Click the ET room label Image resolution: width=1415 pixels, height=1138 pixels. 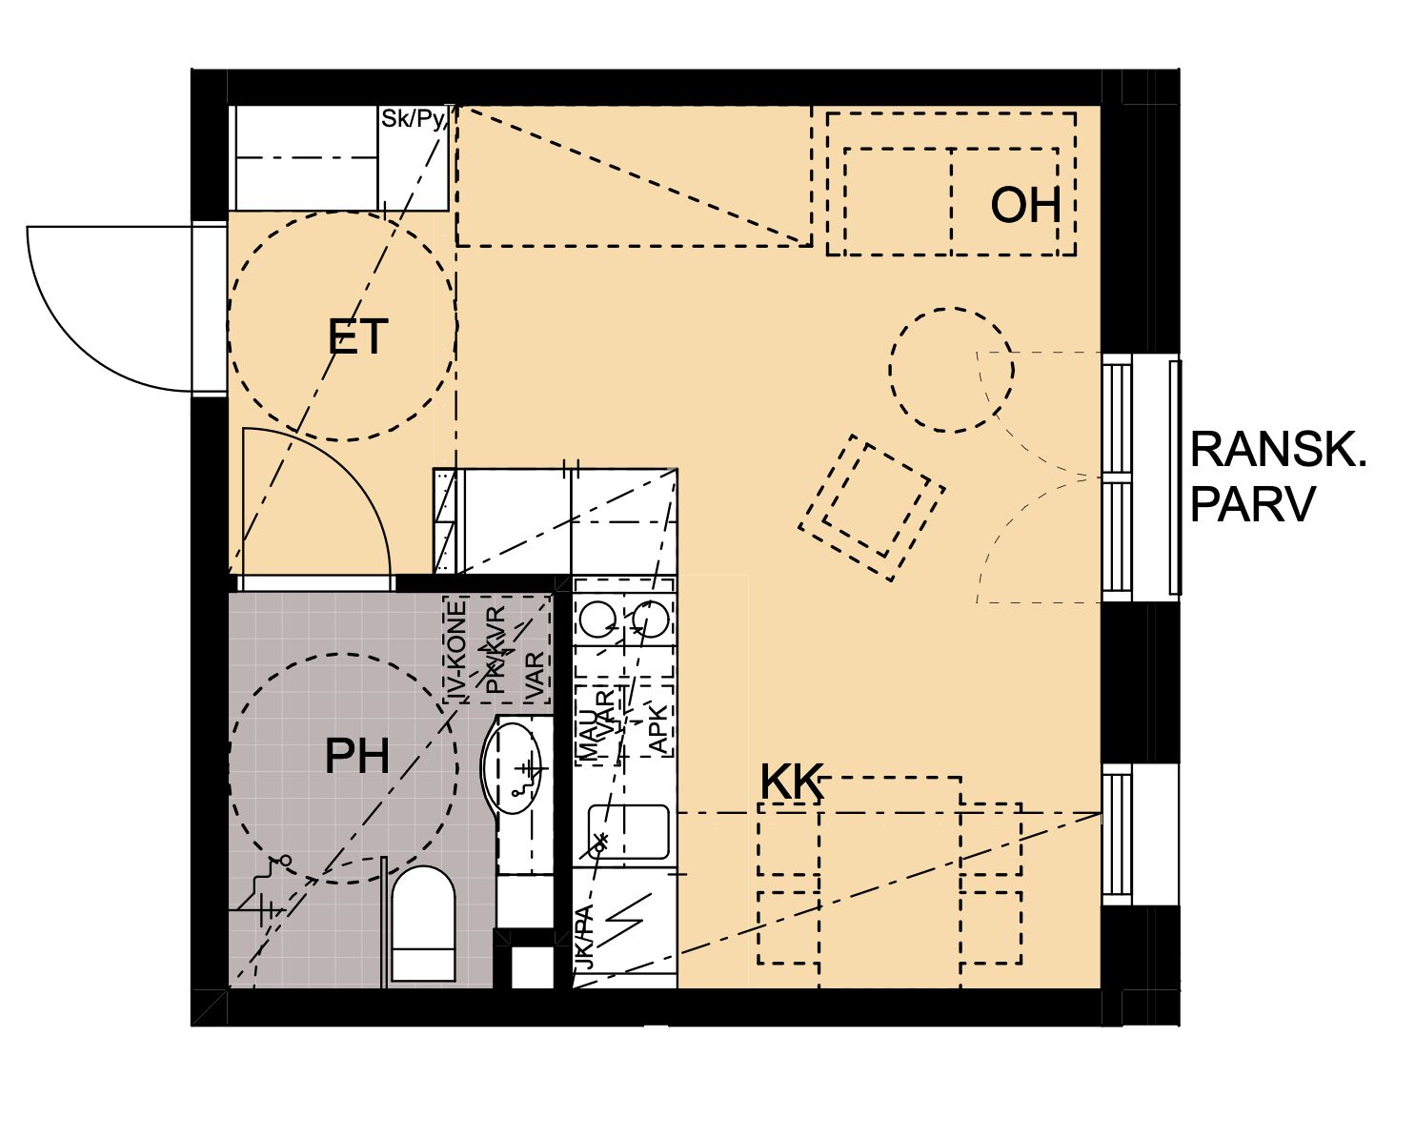357,337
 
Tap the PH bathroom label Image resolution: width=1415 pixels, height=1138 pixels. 357,756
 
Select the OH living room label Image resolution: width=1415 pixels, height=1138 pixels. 1025,205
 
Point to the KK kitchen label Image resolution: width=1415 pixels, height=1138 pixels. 791,782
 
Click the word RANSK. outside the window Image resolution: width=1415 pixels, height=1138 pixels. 1278,450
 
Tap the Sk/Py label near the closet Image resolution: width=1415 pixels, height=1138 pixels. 414,119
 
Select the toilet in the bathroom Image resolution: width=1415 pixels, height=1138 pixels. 423,923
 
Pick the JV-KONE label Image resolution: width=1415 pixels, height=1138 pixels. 458,652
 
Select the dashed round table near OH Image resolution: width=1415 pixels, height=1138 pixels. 951,369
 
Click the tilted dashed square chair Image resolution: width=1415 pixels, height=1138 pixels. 873,507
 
